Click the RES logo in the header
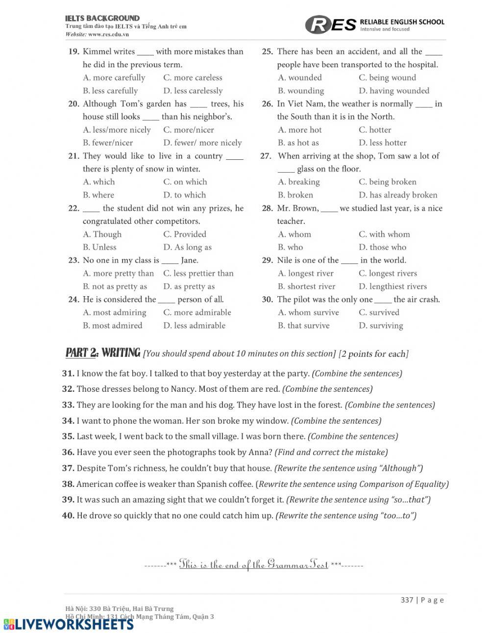[331, 25]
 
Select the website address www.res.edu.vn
[108, 34]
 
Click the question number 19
[74, 51]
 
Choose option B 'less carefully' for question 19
[111, 91]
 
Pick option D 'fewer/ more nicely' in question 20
[202, 143]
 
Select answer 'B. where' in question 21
[98, 195]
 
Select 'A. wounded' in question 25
[299, 77]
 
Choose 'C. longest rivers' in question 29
[388, 274]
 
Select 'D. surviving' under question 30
[381, 326]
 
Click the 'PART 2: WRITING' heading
[103, 353]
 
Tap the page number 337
[407, 600]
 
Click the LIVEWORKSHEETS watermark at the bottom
[69, 624]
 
